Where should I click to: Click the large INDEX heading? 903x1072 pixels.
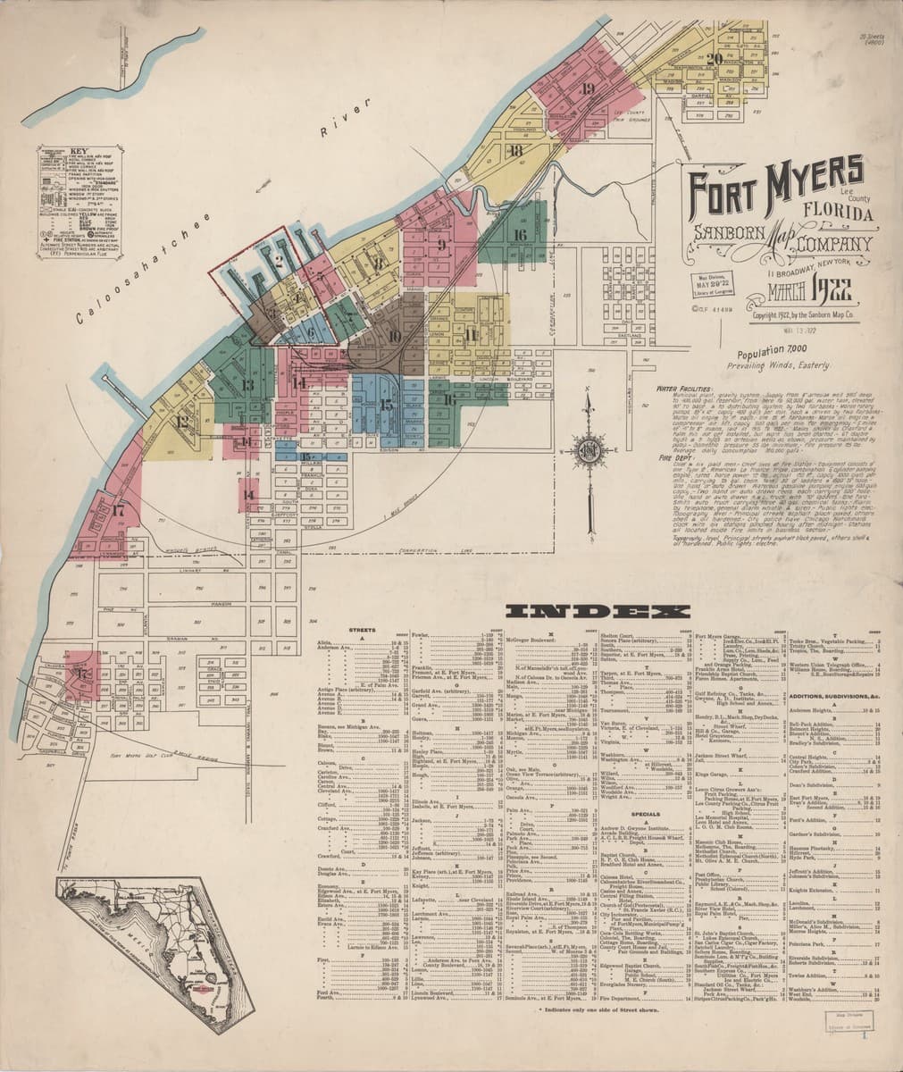click(598, 612)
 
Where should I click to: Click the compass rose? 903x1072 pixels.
click(590, 448)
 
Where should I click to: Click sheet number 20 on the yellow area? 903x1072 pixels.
click(714, 60)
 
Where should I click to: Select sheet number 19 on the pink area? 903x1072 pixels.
click(587, 88)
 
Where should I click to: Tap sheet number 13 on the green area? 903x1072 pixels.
click(247, 385)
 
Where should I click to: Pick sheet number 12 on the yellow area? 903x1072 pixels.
click(182, 422)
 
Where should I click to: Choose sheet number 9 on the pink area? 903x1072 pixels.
click(441, 242)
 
